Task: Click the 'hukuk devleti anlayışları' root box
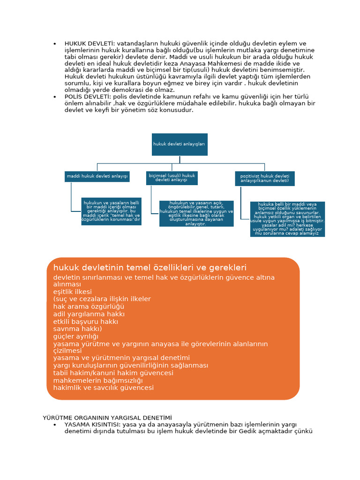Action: [x=179, y=144]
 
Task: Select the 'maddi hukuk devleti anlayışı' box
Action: [x=97, y=176]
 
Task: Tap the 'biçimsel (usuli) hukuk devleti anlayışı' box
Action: [x=172, y=178]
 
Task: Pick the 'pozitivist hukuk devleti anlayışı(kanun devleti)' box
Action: [x=264, y=179]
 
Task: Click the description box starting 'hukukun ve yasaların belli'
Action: [x=111, y=211]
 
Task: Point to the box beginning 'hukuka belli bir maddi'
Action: [x=287, y=219]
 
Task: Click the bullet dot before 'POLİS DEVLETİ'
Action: [x=55, y=96]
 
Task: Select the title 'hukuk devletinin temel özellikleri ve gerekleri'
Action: [x=150, y=268]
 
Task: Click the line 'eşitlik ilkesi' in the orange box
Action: [x=73, y=292]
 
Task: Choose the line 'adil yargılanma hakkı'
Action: [x=89, y=314]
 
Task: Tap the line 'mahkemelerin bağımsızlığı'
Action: [x=98, y=381]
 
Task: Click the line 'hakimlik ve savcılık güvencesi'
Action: [x=104, y=388]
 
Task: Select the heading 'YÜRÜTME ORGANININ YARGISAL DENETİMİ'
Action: [x=107, y=417]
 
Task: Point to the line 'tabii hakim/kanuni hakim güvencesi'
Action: [x=113, y=373]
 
